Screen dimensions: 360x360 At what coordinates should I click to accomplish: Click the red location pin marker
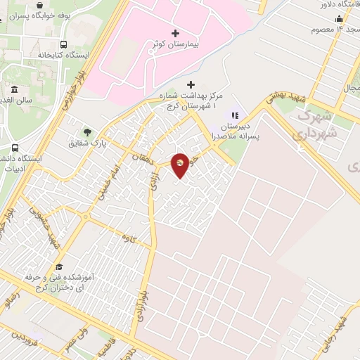click(180, 165)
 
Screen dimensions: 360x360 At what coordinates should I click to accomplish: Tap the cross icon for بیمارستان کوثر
click(175, 33)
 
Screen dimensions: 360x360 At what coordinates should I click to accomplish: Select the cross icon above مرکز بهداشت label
click(191, 84)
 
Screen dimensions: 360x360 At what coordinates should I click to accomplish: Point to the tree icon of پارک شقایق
click(87, 131)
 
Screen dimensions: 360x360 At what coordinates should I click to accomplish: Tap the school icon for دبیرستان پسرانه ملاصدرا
click(236, 115)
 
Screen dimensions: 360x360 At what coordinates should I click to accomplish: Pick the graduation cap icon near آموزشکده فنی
click(59, 268)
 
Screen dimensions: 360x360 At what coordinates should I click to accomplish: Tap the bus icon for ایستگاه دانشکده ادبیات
click(15, 148)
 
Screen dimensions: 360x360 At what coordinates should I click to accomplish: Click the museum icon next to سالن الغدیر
click(15, 90)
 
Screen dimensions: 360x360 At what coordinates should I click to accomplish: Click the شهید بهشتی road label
click(283, 103)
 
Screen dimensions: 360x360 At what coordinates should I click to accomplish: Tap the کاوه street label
click(127, 239)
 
